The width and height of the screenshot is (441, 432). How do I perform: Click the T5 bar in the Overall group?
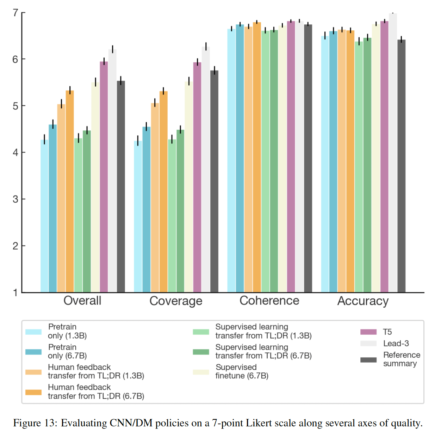point(104,176)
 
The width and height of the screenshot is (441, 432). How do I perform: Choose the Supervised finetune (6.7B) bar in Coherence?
point(282,159)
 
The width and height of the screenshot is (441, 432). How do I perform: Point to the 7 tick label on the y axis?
point(15,13)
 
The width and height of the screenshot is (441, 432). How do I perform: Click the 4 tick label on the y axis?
point(15,153)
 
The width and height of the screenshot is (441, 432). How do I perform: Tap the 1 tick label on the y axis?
point(15,292)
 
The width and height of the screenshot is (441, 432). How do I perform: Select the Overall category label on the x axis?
point(82,301)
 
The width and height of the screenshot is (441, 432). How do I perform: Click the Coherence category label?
point(269,301)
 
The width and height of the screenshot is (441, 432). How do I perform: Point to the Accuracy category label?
point(363,301)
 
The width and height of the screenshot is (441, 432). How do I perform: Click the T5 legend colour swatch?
point(368,332)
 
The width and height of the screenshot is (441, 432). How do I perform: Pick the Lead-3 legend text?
point(396,343)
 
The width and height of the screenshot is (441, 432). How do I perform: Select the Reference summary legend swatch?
point(368,360)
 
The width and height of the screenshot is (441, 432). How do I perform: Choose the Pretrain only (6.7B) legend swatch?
point(33,352)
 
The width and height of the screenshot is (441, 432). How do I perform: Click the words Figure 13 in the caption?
point(35,422)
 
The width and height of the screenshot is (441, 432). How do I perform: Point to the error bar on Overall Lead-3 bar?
point(112,49)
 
